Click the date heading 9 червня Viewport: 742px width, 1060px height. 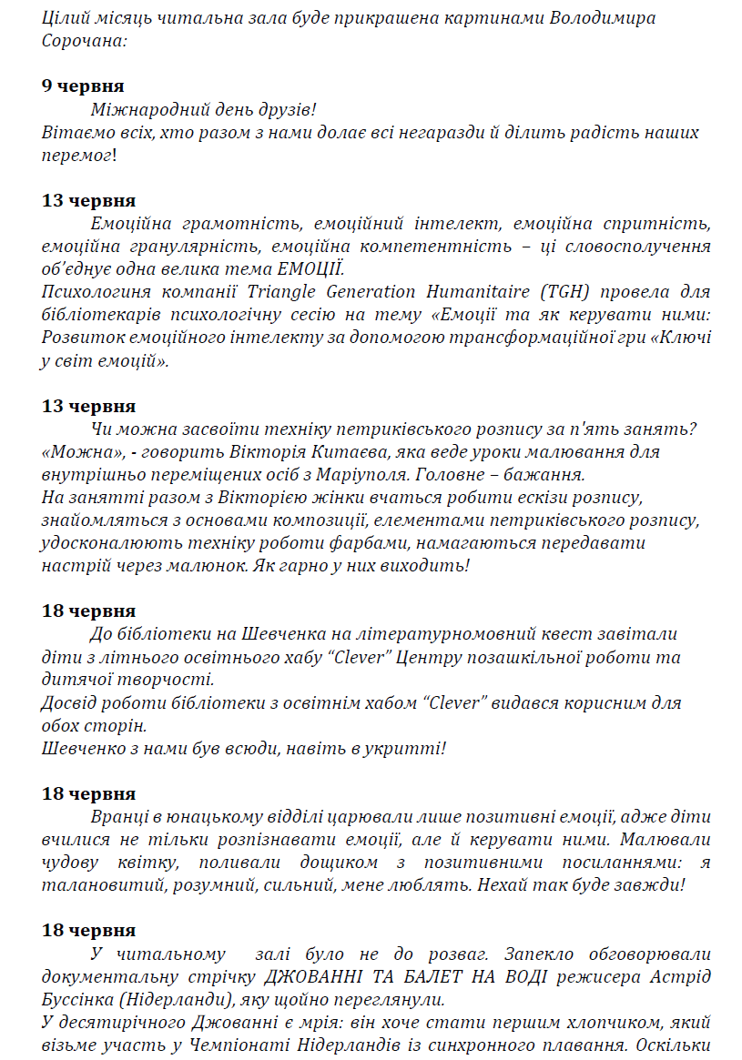[x=83, y=86]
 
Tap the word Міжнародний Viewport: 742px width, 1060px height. [x=145, y=110]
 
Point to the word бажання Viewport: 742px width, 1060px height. [x=553, y=475]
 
